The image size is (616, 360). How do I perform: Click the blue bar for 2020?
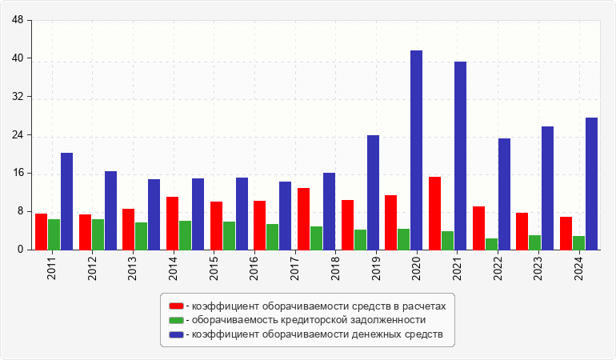pos(417,150)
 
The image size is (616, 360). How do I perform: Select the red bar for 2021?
pos(434,213)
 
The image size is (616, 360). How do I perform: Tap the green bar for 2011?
pos(54,234)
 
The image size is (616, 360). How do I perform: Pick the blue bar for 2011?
pos(66,201)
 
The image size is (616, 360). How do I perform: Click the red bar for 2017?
pos(303,218)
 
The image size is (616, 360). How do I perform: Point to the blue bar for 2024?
pos(591,183)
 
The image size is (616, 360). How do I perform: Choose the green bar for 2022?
pos(491,244)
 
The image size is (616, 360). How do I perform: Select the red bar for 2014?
pos(172,223)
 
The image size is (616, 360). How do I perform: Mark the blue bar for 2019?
pos(373,192)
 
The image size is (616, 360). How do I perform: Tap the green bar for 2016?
pos(273,237)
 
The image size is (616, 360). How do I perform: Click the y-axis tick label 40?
pos(18,58)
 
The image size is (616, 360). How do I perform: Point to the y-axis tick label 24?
pos(18,135)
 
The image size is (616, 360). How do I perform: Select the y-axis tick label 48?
pos(18,21)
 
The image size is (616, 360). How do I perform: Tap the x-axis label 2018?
pos(335,266)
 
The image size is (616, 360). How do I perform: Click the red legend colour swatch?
pos(176,306)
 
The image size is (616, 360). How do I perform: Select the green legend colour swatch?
pos(176,320)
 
